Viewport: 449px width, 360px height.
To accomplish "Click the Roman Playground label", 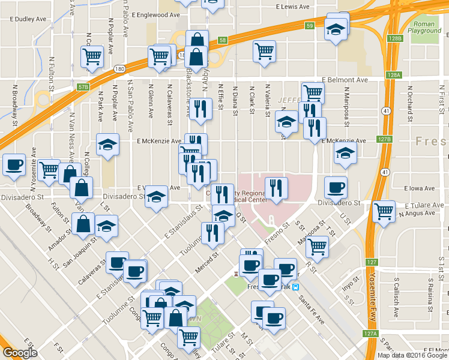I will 424,26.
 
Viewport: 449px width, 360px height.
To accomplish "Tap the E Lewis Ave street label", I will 293,7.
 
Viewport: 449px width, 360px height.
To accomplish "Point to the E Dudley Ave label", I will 29,19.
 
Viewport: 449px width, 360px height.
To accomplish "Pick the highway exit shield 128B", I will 394,38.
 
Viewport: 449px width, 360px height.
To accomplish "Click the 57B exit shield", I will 83,87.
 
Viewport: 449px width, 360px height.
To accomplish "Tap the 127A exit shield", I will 370,334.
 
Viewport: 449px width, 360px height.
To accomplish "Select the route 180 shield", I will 119,69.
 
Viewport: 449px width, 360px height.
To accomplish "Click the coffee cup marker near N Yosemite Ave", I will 14,164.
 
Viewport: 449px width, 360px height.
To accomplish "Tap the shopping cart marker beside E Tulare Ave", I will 384,211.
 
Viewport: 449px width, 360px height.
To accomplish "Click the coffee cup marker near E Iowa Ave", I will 336,187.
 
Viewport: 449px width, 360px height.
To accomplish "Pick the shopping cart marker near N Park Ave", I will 92,57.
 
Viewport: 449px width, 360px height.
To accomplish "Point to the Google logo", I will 20,353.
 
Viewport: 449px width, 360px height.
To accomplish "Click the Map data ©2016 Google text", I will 412,355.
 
